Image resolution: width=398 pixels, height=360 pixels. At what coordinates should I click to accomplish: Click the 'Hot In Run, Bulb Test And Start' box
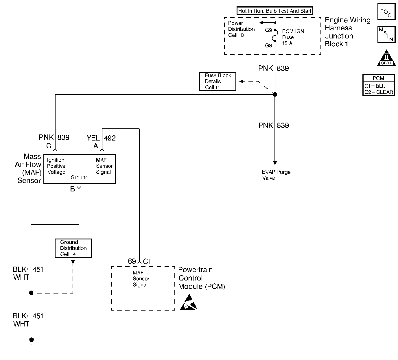coord(274,11)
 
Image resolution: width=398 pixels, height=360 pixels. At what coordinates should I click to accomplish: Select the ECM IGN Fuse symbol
coord(275,35)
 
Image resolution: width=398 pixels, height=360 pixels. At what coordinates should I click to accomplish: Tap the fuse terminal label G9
coord(268,30)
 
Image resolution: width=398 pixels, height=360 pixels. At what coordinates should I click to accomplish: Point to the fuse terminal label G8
coord(268,45)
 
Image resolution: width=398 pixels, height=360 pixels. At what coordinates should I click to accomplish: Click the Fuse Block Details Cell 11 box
coord(218,81)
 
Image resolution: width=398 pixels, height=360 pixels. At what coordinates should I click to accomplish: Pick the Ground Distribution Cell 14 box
coord(73,248)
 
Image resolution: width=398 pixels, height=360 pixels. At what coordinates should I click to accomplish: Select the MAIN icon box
coord(386,34)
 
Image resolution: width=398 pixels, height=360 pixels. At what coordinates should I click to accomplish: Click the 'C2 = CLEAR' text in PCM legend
coord(379,92)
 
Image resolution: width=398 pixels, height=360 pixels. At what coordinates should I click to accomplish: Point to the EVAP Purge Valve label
coord(276,175)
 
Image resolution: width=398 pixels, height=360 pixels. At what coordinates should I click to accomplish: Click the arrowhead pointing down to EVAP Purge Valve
coord(275,163)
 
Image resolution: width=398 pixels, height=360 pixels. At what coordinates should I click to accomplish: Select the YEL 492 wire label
coord(101,138)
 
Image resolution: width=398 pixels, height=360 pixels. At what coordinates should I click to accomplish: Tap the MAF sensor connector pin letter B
coord(73,189)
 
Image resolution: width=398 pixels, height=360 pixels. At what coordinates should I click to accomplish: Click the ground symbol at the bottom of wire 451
coord(31,341)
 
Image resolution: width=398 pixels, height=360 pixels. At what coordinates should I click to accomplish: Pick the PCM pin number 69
coord(132,261)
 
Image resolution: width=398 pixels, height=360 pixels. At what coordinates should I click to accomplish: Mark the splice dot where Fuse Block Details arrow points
coord(275,95)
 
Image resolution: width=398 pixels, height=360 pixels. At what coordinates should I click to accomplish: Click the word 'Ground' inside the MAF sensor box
coord(80,178)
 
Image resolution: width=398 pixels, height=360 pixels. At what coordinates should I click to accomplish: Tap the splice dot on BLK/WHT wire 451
coord(31,293)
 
